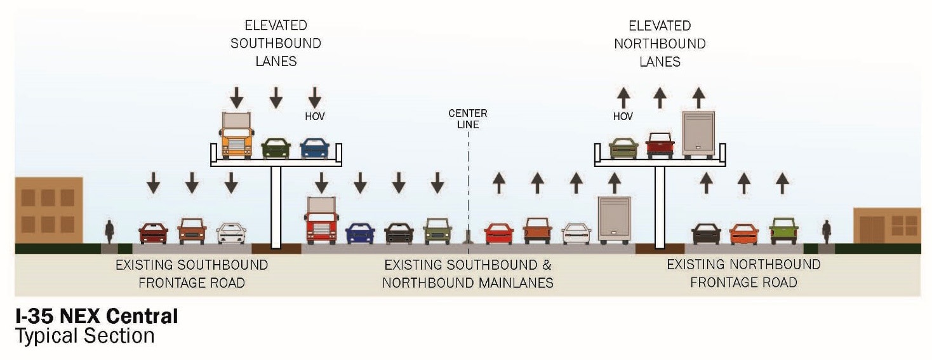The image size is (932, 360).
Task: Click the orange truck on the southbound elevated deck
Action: pos(236,135)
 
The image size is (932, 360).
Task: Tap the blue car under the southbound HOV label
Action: pos(314,149)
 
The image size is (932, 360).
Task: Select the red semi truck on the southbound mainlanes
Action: pos(322,221)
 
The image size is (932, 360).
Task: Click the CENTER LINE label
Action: pos(468,119)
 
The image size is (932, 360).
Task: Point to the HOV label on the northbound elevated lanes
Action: pos(623,116)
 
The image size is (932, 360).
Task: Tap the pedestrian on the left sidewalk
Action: pos(109,232)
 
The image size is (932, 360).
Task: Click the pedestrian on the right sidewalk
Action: pos(826,232)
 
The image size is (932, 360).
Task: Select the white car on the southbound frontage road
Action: pos(231,233)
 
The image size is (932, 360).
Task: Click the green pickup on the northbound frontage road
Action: pos(783,231)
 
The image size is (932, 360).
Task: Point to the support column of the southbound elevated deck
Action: pos(276,206)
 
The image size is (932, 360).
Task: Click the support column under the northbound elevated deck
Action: pos(660,206)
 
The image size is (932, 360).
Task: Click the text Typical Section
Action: pos(84,336)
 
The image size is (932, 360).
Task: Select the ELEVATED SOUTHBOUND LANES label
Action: pos(276,43)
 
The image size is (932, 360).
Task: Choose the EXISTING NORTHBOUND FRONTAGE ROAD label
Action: pos(743,273)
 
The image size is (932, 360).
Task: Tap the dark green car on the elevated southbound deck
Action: pos(276,149)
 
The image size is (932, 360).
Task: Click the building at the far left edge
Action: pos(49,210)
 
